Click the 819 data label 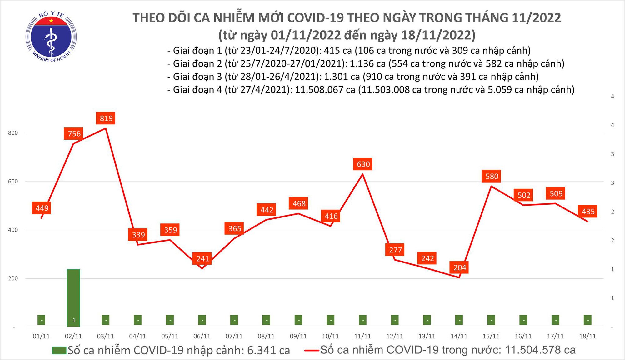coord(106,118)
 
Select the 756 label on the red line coord(74,133)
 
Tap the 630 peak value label coord(363,164)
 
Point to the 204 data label coord(459,267)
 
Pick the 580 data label coord(492,176)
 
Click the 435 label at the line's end coord(588,212)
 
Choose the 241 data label coord(202,258)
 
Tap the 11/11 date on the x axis coord(362,336)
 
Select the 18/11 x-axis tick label coord(587,336)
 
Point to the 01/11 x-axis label coord(41,336)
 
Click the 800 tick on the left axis coord(13,133)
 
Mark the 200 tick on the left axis coord(13,278)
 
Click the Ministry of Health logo coord(51,37)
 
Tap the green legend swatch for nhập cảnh coord(59,350)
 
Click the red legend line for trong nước coord(312,350)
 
